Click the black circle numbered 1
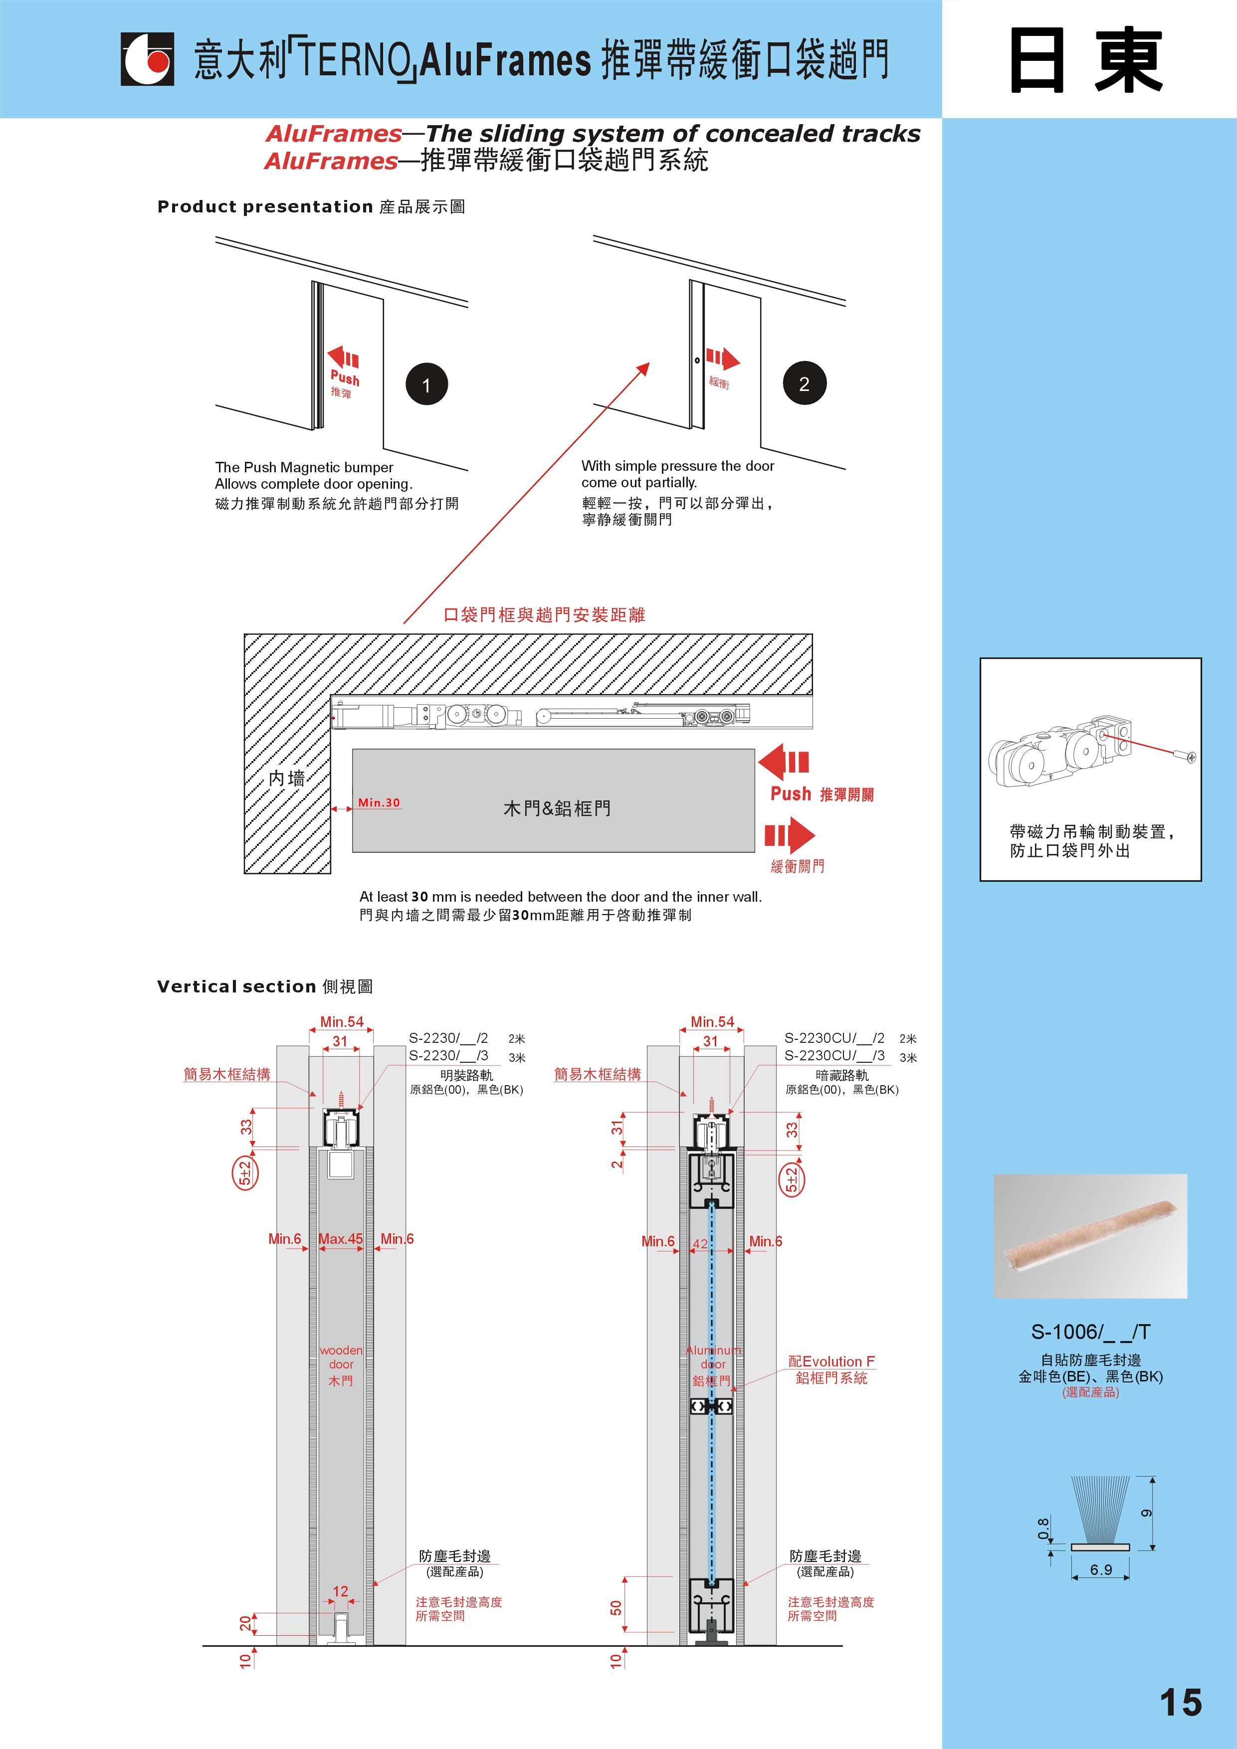(x=426, y=384)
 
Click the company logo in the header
(x=147, y=59)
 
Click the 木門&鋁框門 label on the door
(x=557, y=808)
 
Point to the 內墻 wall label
(x=286, y=778)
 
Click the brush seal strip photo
(x=1090, y=1236)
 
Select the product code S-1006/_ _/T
(x=1090, y=1332)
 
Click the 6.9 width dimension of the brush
(x=1101, y=1569)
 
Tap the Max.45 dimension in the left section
(x=341, y=1239)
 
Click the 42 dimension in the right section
(x=700, y=1243)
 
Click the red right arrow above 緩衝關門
(x=790, y=835)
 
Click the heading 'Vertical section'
(x=236, y=986)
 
